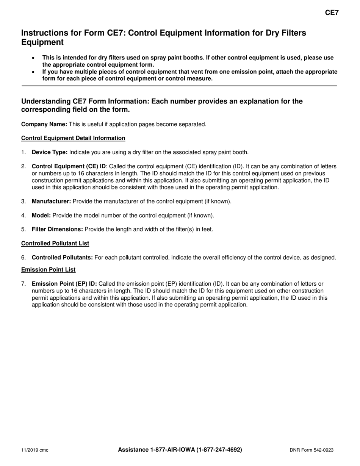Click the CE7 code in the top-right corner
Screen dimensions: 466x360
(x=332, y=13)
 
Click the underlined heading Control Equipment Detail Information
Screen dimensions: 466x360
(x=73, y=138)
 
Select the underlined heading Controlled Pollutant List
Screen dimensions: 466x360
(x=55, y=243)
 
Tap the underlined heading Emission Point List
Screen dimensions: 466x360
(x=49, y=269)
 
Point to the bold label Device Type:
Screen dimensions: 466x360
(x=50, y=152)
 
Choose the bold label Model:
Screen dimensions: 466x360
(x=41, y=215)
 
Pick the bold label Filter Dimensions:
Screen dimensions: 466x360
(x=57, y=229)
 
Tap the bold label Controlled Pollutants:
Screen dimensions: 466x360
(x=62, y=258)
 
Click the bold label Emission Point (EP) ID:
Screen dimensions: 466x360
(x=64, y=284)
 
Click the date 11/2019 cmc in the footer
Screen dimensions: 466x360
(x=34, y=450)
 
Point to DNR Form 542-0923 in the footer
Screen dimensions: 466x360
(x=311, y=450)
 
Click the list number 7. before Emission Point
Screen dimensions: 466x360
(x=23, y=284)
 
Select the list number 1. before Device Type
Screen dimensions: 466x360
(x=23, y=152)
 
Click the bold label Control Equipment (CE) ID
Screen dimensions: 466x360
(x=69, y=166)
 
